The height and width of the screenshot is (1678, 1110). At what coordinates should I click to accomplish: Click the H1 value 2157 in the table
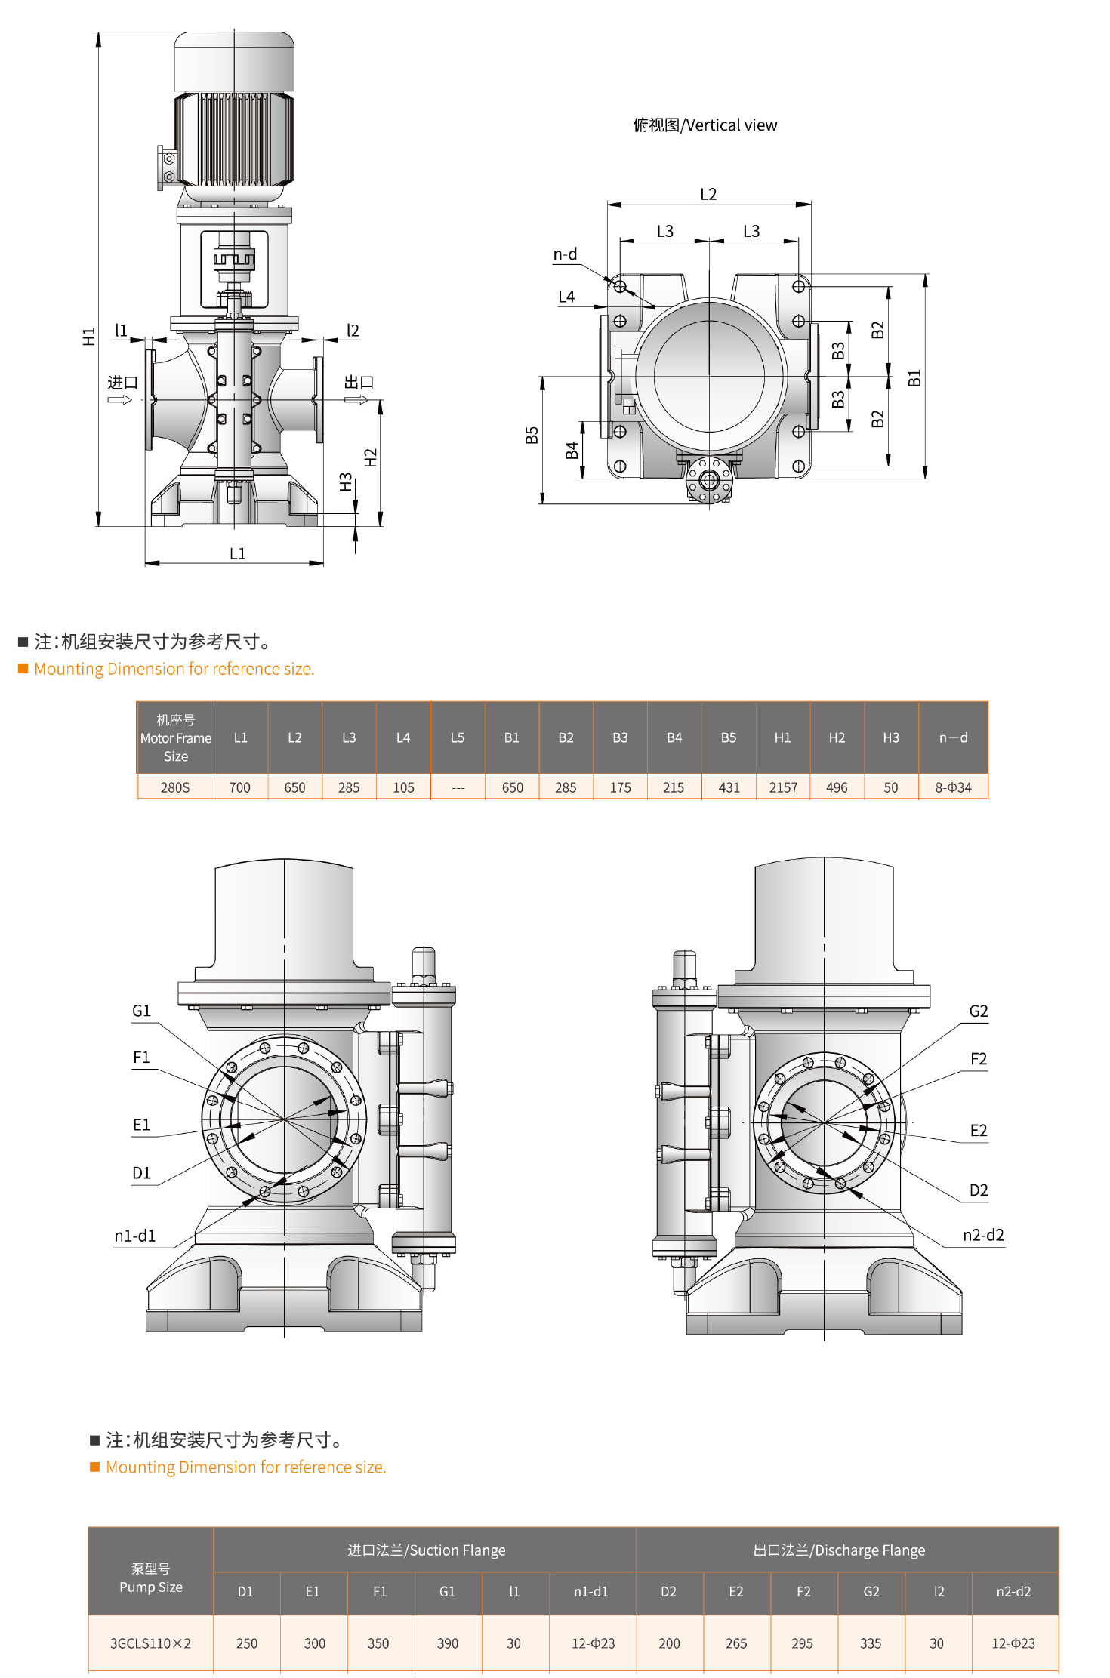[783, 787]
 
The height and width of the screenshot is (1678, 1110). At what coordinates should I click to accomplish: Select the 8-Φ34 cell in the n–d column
[953, 787]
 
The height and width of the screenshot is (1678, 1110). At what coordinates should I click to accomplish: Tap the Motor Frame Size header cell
[175, 737]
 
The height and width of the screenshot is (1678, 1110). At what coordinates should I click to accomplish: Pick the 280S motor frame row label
[175, 787]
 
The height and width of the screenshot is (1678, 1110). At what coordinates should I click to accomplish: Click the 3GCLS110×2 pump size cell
[150, 1643]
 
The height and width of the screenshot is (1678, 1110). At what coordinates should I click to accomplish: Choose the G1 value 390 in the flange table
[447, 1643]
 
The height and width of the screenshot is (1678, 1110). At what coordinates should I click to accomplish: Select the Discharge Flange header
[839, 1550]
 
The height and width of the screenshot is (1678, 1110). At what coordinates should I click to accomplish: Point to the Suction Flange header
[426, 1550]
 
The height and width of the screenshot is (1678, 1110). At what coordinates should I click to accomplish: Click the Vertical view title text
[705, 125]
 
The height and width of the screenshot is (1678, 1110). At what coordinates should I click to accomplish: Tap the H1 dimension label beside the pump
[89, 336]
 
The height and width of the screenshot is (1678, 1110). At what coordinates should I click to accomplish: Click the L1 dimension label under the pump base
[237, 553]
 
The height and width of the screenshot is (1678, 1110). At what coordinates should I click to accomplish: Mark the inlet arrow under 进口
[119, 399]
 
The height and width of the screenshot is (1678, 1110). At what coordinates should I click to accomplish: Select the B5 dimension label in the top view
[532, 435]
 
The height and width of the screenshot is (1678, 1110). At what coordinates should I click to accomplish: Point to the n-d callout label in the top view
[565, 254]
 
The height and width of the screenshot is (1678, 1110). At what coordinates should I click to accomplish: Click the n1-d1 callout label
[134, 1236]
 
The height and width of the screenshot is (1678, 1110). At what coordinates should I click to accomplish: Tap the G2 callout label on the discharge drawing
[978, 1011]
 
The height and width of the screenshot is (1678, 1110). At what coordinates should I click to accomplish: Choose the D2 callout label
[978, 1190]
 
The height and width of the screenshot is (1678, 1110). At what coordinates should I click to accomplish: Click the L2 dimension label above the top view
[708, 194]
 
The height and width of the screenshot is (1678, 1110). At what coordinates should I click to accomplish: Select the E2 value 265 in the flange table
[735, 1643]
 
